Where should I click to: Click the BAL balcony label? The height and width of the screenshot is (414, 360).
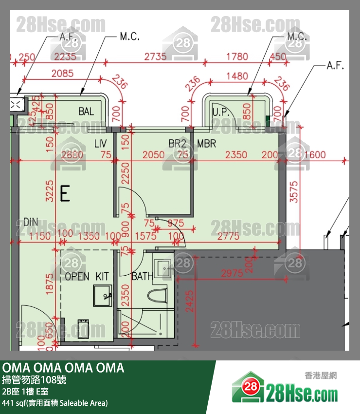[86, 112]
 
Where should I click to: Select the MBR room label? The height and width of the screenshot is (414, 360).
[206, 144]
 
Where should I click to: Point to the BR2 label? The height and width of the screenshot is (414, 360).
[178, 144]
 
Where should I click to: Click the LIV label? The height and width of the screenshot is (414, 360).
[100, 144]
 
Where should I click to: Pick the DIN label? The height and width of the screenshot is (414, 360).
[30, 222]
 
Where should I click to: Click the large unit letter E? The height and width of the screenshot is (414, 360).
[64, 194]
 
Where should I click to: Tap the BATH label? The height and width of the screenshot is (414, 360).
[142, 277]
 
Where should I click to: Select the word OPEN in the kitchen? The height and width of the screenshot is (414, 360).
[77, 277]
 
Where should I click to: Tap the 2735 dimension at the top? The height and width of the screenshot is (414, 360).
[155, 56]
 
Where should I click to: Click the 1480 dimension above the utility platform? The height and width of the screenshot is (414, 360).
[237, 76]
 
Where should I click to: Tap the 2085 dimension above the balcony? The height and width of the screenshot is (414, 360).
[62, 74]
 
